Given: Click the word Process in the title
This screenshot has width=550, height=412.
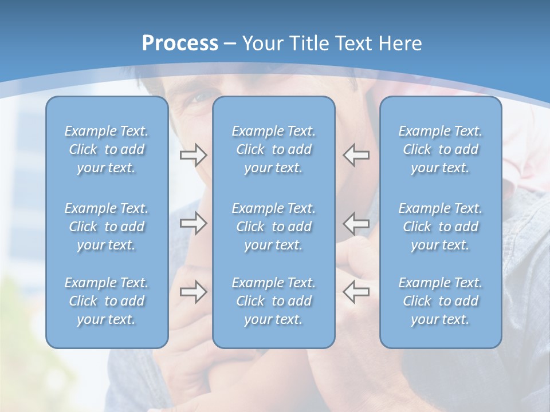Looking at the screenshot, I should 180,43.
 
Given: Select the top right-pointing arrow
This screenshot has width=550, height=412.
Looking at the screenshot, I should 193,155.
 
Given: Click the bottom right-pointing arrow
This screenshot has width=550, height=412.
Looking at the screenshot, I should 193,292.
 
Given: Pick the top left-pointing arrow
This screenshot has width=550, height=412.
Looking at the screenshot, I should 356,155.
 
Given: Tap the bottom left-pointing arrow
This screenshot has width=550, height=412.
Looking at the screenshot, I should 356,292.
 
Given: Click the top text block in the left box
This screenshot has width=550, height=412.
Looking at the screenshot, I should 107,149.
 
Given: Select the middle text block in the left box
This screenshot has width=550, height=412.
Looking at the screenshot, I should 107,227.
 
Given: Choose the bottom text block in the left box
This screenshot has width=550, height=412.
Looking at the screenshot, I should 107,301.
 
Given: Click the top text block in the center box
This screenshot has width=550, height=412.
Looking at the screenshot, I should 273,149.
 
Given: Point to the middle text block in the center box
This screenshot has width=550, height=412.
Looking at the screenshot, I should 273,227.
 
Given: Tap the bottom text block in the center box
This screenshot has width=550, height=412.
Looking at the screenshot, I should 273,301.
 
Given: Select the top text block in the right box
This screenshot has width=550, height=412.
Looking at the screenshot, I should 441,149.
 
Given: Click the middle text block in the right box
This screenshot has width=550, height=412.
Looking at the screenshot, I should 441,227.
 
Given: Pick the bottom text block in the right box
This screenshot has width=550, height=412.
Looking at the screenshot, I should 441,301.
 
